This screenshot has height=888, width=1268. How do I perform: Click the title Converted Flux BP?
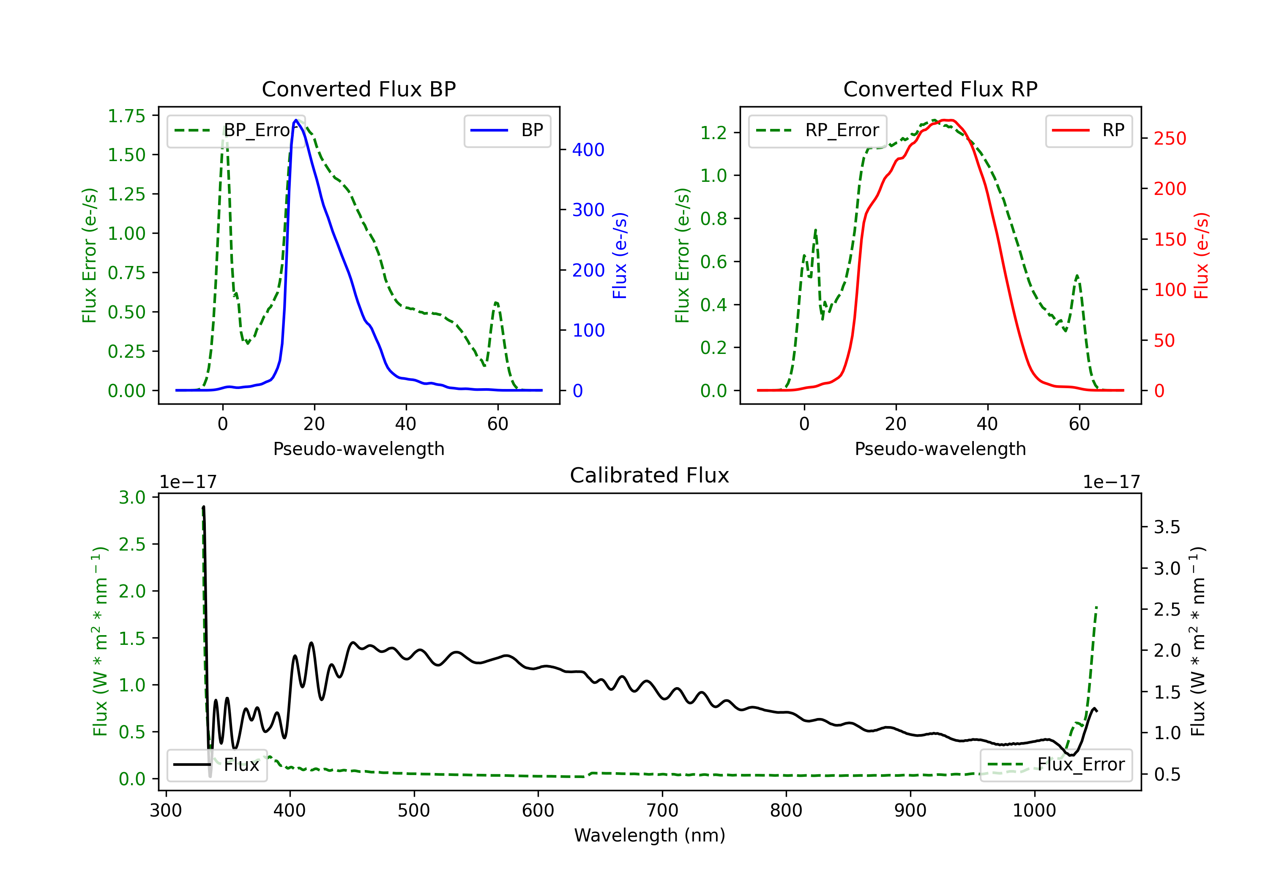pyautogui.click(x=358, y=89)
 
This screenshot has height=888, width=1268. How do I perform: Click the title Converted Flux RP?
pyautogui.click(x=940, y=89)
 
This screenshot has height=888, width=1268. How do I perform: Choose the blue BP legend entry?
pyautogui.click(x=507, y=130)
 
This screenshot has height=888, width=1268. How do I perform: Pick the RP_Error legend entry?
pyautogui.click(x=817, y=130)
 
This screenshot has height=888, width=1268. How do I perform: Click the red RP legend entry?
pyautogui.click(x=1088, y=130)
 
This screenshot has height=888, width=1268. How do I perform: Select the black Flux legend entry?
pyautogui.click(x=217, y=765)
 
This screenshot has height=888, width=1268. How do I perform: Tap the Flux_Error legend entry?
pyautogui.click(x=1055, y=765)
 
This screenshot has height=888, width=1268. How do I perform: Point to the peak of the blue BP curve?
pyautogui.click(x=296, y=120)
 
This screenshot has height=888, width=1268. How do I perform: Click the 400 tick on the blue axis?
pyautogui.click(x=588, y=150)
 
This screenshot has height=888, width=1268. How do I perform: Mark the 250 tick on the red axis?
pyautogui.click(x=1170, y=138)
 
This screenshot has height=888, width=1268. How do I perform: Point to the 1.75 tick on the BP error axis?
pyautogui.click(x=126, y=116)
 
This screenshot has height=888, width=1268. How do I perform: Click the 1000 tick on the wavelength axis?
pyautogui.click(x=1034, y=811)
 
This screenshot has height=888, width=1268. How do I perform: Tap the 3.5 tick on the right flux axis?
pyautogui.click(x=1167, y=527)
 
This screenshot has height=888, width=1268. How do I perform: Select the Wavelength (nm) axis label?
pyautogui.click(x=650, y=836)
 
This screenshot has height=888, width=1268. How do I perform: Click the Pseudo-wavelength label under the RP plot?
pyautogui.click(x=940, y=449)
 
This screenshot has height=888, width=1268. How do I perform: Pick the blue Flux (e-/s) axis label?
pyautogui.click(x=620, y=255)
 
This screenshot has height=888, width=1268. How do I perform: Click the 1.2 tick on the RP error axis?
pyautogui.click(x=713, y=133)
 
